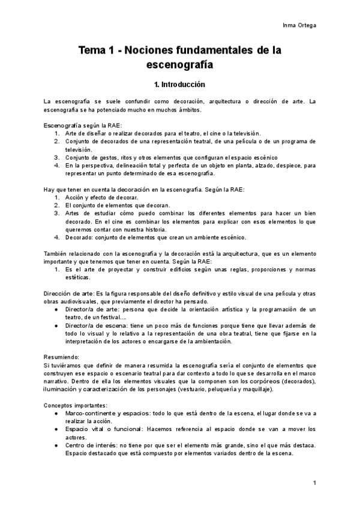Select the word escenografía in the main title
coord(179,64)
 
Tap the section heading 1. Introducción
coord(179,85)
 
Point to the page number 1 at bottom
coord(314,483)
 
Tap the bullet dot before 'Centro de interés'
coord(56,446)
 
